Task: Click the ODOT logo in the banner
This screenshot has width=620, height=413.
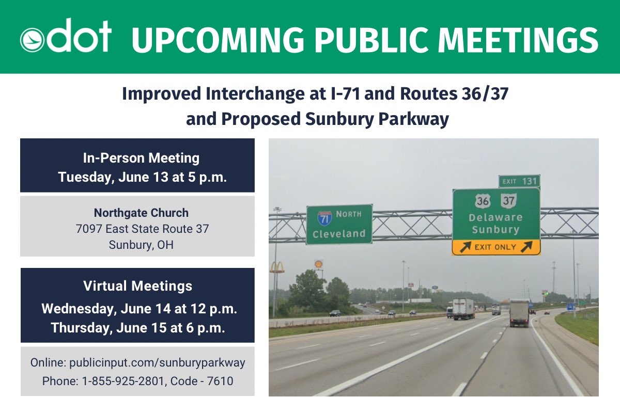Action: click(66, 36)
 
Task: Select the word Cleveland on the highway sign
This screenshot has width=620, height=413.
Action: click(339, 234)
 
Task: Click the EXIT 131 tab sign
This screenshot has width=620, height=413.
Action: click(519, 181)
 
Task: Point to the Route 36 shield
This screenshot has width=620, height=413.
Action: click(484, 200)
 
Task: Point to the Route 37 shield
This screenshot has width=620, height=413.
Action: click(508, 200)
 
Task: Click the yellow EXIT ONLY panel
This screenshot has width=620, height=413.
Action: click(496, 247)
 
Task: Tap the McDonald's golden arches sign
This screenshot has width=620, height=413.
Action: click(277, 267)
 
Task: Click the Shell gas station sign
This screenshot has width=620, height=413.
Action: click(319, 264)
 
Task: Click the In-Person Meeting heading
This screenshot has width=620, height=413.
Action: click(141, 157)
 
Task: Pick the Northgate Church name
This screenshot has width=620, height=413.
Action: click(141, 213)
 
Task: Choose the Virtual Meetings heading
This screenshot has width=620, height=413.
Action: click(137, 285)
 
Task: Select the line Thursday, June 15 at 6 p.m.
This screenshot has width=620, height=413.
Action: click(138, 328)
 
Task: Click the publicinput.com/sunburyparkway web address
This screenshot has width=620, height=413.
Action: click(157, 362)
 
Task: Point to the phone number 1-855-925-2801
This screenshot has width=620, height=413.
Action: click(112, 381)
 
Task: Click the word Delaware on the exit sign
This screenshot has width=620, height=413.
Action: click(495, 217)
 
